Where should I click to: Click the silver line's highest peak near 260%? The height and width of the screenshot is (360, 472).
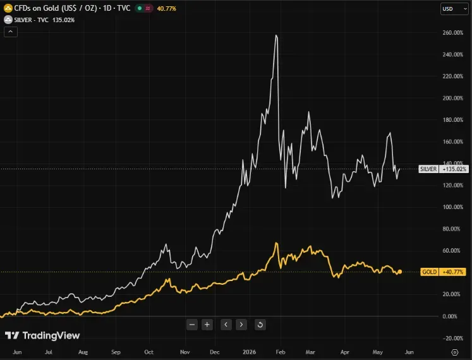[276, 35]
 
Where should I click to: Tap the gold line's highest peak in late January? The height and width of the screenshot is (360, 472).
[276, 243]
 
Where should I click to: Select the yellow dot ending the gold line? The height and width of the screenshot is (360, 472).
[400, 272]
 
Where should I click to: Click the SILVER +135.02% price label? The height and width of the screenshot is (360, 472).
[444, 169]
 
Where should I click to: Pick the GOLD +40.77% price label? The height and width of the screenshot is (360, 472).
[443, 272]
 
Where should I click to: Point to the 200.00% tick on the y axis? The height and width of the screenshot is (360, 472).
[453, 98]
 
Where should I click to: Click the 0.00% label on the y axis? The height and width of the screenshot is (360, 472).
[450, 316]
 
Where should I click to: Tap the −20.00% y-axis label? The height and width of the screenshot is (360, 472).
[453, 339]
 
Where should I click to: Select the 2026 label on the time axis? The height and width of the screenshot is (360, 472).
[249, 352]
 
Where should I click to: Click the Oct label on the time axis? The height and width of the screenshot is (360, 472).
[148, 352]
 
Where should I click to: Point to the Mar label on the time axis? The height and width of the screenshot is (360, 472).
[310, 352]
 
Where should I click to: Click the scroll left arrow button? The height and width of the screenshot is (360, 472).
[226, 325]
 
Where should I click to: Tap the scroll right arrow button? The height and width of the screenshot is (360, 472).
[241, 325]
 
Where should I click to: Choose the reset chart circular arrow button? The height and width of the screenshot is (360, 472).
[260, 325]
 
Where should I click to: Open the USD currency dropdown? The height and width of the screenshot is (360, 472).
[454, 9]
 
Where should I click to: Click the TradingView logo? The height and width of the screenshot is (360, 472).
[42, 335]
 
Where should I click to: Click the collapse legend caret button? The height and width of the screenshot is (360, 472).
[11, 32]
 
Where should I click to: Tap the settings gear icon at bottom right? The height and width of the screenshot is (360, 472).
[455, 352]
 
